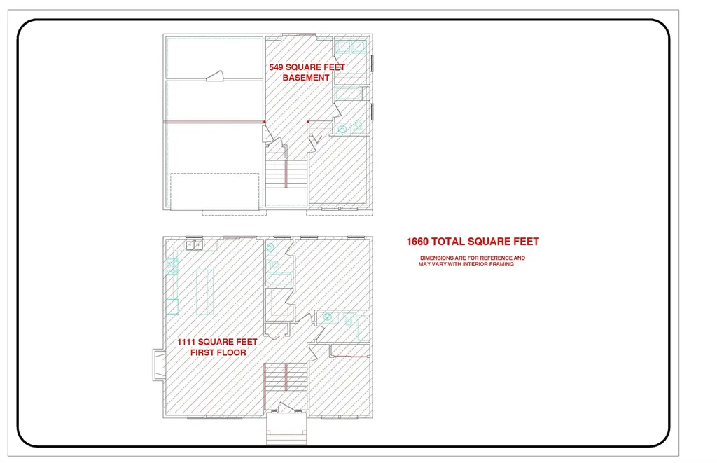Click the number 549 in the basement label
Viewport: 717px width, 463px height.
(x=276, y=67)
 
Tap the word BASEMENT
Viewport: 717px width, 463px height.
(x=306, y=78)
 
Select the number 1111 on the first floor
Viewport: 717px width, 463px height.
(x=186, y=342)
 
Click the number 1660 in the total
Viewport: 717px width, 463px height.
(x=417, y=242)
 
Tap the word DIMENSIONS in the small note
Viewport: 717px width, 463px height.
(x=437, y=258)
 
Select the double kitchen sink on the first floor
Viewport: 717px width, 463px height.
(x=195, y=245)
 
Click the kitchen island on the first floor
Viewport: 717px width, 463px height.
(x=205, y=292)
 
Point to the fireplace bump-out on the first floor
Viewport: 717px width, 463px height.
(x=159, y=365)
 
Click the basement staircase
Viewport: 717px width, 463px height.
(x=286, y=173)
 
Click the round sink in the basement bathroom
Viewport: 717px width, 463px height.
(x=342, y=130)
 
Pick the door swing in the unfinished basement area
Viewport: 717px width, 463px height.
(x=214, y=76)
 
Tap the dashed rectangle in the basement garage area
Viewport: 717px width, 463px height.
(x=215, y=191)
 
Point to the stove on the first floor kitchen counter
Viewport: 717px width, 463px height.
(x=172, y=266)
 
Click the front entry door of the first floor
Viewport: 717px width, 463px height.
(x=286, y=408)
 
